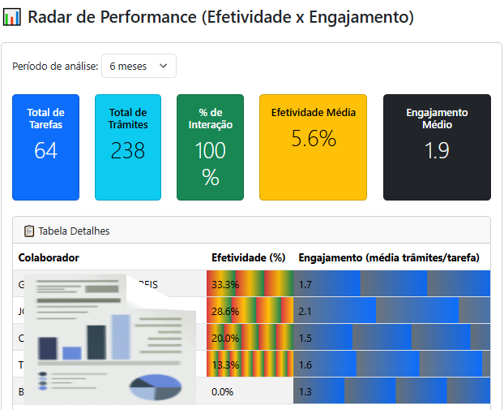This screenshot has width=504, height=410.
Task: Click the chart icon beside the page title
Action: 12,16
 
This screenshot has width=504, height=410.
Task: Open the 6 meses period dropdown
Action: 139,66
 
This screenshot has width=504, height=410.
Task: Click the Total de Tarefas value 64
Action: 45,150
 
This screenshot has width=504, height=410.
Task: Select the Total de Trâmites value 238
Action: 127,150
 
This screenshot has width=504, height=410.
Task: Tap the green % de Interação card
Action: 210,147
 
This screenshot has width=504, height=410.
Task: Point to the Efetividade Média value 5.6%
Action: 313,139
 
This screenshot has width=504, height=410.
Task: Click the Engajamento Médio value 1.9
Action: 437,150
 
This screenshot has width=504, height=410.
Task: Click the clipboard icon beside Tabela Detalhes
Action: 29,231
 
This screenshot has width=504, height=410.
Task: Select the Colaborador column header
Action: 49,257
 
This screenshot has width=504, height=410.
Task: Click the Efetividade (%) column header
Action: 248,257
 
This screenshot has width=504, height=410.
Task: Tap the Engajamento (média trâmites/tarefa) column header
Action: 389,257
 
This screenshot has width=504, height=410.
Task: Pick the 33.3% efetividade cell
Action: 225,284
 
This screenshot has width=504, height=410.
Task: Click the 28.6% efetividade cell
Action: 225,311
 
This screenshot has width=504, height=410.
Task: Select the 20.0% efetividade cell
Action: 225,338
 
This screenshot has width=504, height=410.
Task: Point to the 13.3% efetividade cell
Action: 225,365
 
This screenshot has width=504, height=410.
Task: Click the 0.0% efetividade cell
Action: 222,391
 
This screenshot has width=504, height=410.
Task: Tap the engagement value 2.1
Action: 305,311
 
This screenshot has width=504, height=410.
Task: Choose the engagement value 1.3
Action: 305,391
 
